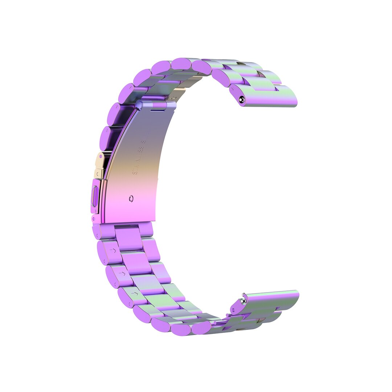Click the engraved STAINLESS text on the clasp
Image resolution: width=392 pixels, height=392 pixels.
coord(138,156)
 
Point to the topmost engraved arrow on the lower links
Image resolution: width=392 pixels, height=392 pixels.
coord(113,250)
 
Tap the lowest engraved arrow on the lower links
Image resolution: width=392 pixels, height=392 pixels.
coord(135,293)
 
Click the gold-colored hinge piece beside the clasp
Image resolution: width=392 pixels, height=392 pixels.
coord(99,165)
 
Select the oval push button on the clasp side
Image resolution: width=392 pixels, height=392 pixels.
coord(95,196)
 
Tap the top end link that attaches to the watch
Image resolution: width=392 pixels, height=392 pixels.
coord(269,96)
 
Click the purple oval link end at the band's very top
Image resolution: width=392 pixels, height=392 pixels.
coord(181,64)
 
